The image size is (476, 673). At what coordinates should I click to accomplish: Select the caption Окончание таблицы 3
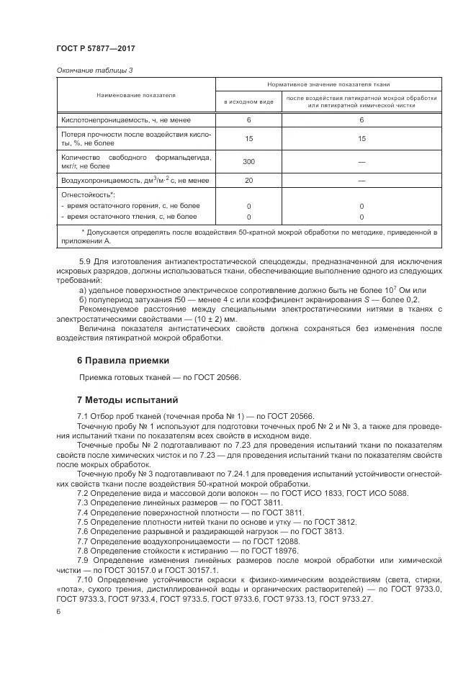(94, 71)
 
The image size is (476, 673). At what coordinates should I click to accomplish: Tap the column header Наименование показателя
(135, 95)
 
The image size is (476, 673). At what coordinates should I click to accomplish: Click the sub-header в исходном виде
(248, 102)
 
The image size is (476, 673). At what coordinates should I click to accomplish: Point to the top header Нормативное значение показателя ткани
(328, 84)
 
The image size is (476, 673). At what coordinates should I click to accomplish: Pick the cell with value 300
(248, 161)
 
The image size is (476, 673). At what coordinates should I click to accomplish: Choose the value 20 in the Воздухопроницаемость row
(248, 180)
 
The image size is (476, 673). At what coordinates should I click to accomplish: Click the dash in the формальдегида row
(362, 161)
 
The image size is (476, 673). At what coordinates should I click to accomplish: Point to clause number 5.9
(85, 261)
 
